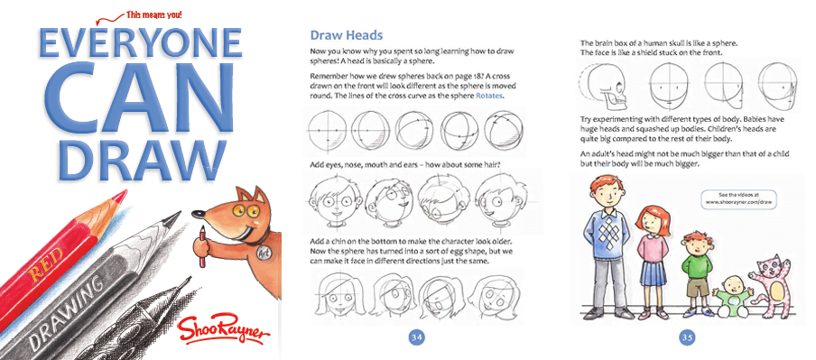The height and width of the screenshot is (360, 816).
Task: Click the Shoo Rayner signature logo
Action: click(x=222, y=327)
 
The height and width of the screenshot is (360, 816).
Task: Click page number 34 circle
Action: click(x=417, y=337)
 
